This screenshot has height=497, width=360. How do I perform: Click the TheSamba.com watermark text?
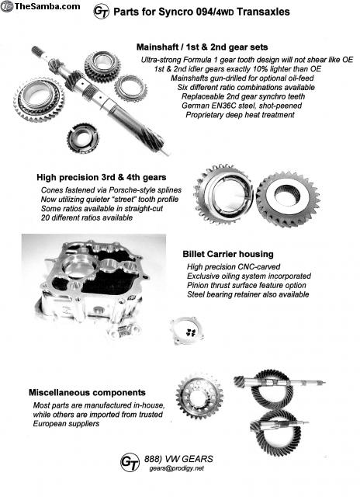pos(47,5)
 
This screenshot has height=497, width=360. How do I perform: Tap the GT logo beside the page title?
pos(102,12)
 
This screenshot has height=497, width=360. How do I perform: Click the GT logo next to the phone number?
pos(130,462)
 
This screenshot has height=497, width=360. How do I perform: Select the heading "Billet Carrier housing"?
pos(228,254)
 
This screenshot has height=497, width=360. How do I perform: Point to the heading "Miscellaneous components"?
pos(87,392)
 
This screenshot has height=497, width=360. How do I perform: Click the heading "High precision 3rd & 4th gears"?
pos(102,177)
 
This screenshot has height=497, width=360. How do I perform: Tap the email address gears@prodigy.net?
pos(177,468)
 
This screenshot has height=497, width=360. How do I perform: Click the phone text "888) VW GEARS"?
pos(178,459)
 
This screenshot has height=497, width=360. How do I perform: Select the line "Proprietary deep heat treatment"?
pos(240,115)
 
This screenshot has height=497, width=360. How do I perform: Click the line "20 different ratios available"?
pos(87,217)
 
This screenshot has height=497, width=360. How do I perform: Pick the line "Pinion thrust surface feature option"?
pos(246,285)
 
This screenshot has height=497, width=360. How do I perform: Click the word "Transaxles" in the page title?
pos(263,12)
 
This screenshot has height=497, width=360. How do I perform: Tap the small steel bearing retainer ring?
pos(187,331)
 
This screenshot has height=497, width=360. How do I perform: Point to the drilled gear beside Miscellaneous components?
pos(199,396)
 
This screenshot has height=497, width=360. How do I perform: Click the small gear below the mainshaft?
pos(83,138)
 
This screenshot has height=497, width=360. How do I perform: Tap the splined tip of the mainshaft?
pos(37,50)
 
